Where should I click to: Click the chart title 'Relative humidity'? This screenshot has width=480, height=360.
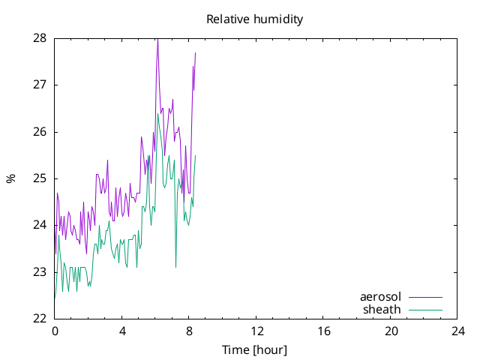[x=255, y=19]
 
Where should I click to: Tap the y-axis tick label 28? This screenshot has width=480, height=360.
[x=40, y=38]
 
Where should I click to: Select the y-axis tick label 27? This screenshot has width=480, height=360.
[x=40, y=85]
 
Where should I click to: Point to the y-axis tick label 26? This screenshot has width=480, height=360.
[x=40, y=132]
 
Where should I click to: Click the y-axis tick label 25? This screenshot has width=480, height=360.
[x=40, y=178]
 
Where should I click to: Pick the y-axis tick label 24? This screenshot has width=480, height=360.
[x=40, y=225]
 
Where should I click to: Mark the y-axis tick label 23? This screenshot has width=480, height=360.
[x=40, y=272]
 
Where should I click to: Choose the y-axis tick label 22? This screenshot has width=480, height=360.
[x=40, y=319]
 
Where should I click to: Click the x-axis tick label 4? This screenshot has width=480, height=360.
[x=122, y=331]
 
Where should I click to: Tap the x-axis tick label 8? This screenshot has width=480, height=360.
[x=189, y=331]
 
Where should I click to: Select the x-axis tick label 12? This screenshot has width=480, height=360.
[x=256, y=331]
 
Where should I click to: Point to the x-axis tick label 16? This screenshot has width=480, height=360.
[x=323, y=331]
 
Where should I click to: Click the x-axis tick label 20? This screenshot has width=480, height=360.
[x=391, y=331]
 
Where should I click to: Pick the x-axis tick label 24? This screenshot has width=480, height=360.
[x=458, y=331]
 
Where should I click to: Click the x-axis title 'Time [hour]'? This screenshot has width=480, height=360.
[x=255, y=350]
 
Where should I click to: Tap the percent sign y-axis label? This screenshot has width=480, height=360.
[x=10, y=178]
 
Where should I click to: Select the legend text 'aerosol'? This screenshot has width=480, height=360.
[x=380, y=297]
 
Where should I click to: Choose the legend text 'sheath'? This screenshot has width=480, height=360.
[x=382, y=310]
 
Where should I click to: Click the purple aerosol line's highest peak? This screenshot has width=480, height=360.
[x=157, y=40]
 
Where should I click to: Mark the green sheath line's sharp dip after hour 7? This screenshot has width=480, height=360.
[x=175, y=267]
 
